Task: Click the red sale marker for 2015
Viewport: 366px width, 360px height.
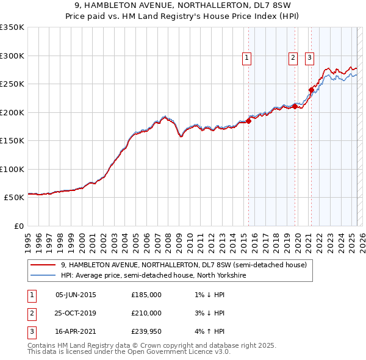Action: click(x=249, y=121)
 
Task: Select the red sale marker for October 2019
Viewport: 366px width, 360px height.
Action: click(x=295, y=106)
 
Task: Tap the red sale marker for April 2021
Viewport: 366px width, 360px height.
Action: click(x=311, y=90)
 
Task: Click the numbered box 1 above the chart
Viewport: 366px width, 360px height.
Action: click(x=247, y=58)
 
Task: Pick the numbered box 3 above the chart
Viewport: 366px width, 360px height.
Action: click(x=309, y=58)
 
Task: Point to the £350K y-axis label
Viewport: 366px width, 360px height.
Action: click(x=12, y=27)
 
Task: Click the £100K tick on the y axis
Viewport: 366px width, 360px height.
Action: click(x=12, y=169)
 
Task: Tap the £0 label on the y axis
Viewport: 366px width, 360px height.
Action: click(x=18, y=226)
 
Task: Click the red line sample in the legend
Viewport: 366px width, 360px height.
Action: click(x=43, y=265)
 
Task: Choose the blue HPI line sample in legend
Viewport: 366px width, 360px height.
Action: click(x=43, y=275)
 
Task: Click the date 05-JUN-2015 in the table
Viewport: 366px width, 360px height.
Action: click(x=76, y=295)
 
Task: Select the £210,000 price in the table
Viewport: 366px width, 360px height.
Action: click(x=146, y=313)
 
